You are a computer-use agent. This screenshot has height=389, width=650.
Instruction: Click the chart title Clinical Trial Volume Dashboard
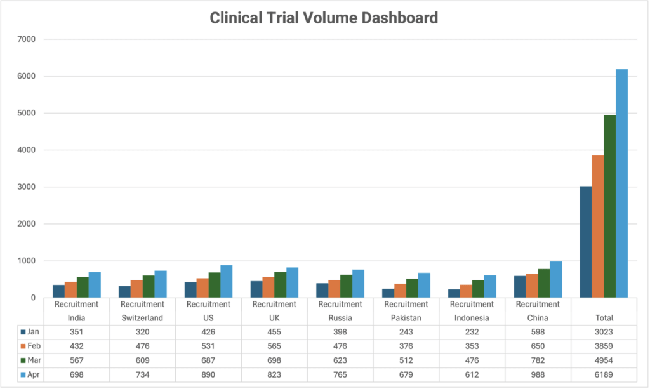click(x=324, y=18)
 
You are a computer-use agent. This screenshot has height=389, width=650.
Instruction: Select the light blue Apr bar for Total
click(x=621, y=184)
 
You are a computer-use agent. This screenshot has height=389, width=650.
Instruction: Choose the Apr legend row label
click(x=32, y=375)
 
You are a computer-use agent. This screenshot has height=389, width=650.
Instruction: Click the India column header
click(x=76, y=318)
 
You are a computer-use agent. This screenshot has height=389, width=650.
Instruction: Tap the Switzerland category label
click(x=142, y=318)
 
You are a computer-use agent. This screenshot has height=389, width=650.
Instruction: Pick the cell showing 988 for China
click(x=538, y=375)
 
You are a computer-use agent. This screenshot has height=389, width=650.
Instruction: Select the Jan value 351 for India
click(x=76, y=331)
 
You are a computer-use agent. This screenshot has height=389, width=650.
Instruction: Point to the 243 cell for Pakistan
click(x=406, y=331)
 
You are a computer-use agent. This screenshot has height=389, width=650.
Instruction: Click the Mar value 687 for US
click(x=208, y=360)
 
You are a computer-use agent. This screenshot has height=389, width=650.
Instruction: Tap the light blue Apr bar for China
click(x=556, y=280)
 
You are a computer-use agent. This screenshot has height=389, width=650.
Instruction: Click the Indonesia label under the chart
click(x=472, y=318)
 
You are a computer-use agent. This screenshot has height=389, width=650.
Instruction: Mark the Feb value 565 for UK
click(x=274, y=346)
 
